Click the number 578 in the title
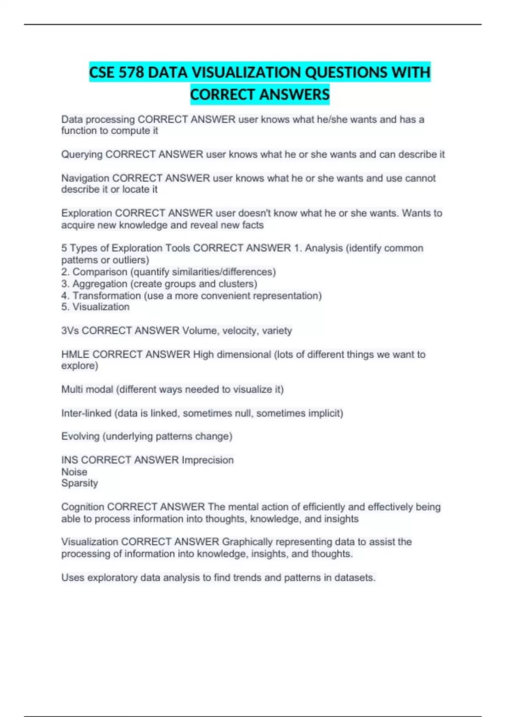[131, 73]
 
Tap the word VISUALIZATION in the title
[246, 73]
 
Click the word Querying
[82, 155]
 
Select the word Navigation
[85, 178]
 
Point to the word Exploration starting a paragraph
[86, 213]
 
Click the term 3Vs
[70, 331]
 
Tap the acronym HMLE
[75, 355]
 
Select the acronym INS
[70, 460]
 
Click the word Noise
[74, 472]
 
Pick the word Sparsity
[79, 483]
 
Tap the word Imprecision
[207, 460]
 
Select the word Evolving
[80, 437]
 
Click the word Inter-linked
[86, 413]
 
